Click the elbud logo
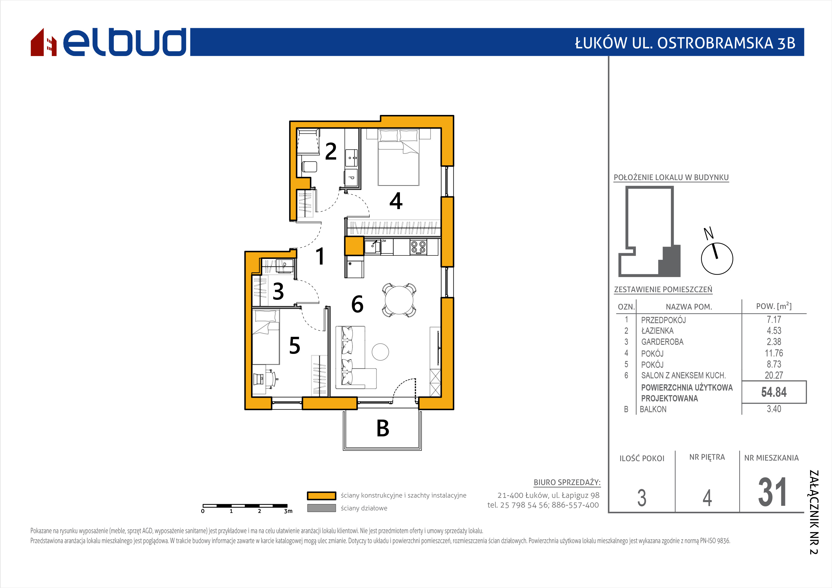click(108, 42)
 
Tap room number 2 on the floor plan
click(330, 151)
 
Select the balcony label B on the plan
click(383, 428)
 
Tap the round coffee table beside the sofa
click(380, 352)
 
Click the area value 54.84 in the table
click(774, 392)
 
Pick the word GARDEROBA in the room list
click(662, 342)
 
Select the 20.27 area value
click(774, 376)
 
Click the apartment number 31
click(772, 492)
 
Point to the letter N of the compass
click(708, 233)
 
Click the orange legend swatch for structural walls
click(321, 496)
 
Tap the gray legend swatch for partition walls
click(321, 508)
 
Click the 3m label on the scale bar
click(288, 511)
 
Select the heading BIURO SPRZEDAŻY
click(567, 482)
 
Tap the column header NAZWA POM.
click(689, 307)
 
